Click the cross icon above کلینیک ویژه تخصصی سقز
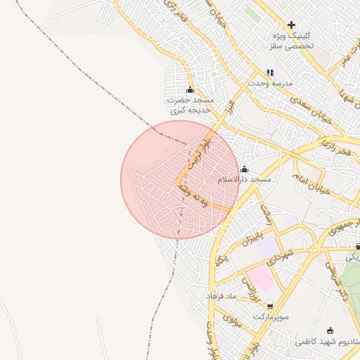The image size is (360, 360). coord(291,25)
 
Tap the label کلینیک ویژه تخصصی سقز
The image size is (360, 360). coord(291,39)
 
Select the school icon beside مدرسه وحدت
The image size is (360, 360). coord(270,72)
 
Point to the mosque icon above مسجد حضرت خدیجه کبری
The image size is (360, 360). coord(189,90)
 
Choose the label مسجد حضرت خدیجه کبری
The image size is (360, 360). coord(189,105)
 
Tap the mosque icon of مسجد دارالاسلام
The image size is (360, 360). coord(244,169)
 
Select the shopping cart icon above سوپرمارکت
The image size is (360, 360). coord(270,305)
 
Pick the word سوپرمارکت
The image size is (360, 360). coord(270,316)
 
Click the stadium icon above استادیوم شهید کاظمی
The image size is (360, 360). coord(330,330)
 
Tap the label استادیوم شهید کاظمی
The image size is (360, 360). coord(330,342)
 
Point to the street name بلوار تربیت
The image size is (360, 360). coord(196,152)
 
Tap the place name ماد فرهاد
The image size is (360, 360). coord(224,296)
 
